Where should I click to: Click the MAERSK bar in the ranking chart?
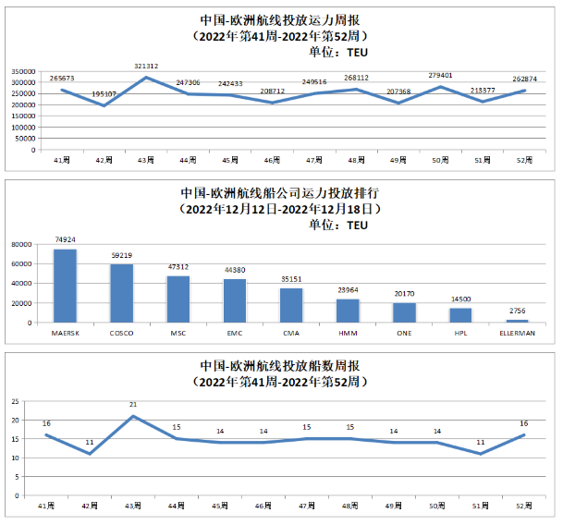pos(65,286)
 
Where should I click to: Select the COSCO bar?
pos(122,293)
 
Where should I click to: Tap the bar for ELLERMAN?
pos(518,320)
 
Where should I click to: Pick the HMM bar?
pos(348,311)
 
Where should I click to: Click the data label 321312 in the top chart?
pos(148,67)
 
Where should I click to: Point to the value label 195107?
pos(104,94)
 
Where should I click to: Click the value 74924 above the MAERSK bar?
pos(65,240)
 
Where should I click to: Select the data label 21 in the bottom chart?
pos(133,405)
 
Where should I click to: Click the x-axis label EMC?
pos(234,332)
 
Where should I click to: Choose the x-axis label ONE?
pos(404,332)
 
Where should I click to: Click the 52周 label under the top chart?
pos(525,161)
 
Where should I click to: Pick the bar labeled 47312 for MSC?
pos(178,299)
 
